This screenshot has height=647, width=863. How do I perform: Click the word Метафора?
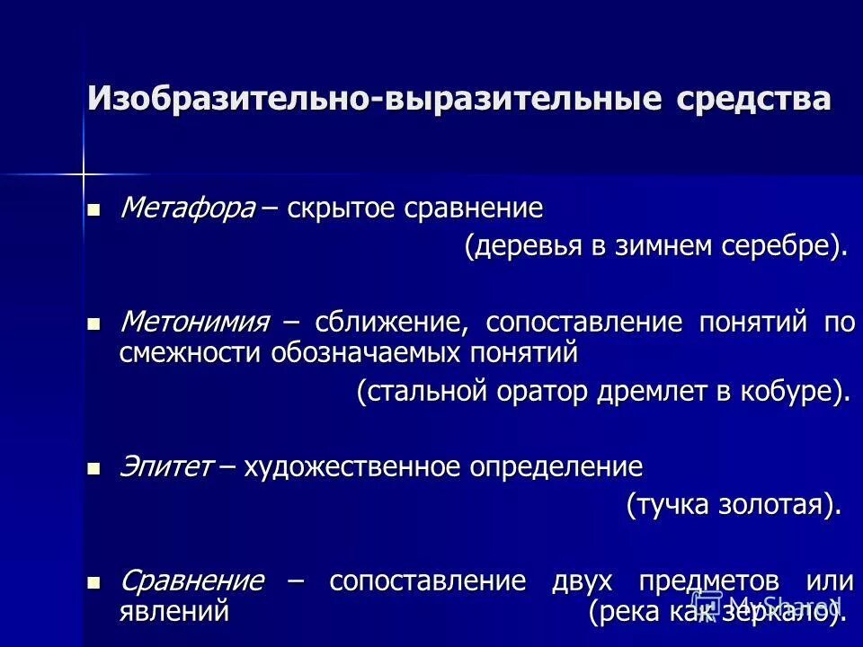tap(188, 208)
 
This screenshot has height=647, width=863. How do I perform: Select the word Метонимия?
tap(195, 322)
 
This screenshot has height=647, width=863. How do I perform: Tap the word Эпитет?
tap(166, 467)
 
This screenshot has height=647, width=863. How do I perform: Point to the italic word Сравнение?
tap(191, 581)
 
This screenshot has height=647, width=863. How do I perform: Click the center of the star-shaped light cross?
tap(83, 171)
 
